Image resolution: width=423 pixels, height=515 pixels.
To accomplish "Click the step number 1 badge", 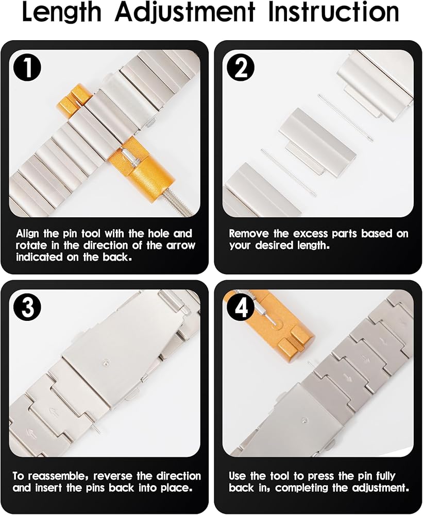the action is tap(27, 70).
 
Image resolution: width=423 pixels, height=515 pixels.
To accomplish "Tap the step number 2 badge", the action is tap(241, 70).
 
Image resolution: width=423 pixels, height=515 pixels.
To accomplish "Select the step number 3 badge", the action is tap(27, 308).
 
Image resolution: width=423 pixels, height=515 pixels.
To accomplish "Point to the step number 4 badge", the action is tap(241, 308).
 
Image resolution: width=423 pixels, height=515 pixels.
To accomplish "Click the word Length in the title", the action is tap(62, 12).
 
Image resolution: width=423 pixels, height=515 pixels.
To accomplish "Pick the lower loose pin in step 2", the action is tap(289, 173).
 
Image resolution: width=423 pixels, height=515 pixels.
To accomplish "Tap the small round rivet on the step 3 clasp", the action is tap(105, 362).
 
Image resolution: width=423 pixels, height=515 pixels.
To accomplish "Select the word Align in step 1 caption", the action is tap(28, 234).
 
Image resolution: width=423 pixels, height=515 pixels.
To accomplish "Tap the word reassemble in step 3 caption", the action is tap(61, 476).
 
